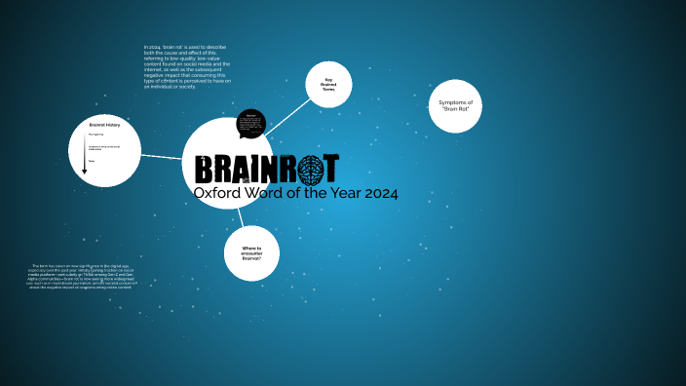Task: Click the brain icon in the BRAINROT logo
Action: [x=311, y=169]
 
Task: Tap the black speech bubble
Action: [x=251, y=124]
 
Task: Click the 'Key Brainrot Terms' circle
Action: [x=328, y=85]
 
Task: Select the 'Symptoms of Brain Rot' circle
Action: [x=455, y=106]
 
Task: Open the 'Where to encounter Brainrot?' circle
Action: [x=251, y=253]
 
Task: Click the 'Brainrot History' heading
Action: [x=104, y=126]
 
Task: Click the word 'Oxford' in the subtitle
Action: [x=215, y=193]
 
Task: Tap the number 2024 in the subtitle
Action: [x=381, y=193]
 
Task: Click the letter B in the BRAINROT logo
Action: [x=205, y=169]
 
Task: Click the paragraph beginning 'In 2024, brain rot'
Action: [x=186, y=66]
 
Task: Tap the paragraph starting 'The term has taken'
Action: [x=83, y=277]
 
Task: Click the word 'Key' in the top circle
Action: [x=328, y=79]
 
